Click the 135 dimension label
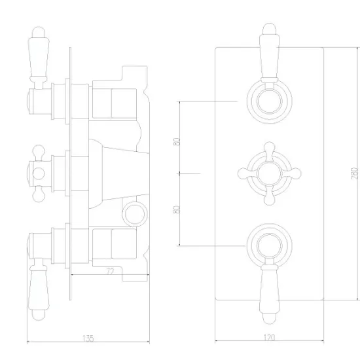(x=88, y=338)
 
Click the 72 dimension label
(x=111, y=272)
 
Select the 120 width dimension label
(x=269, y=338)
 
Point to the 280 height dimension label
(x=355, y=173)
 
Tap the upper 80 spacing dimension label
(x=177, y=141)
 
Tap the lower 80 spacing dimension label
(x=176, y=209)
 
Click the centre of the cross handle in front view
(x=269, y=173)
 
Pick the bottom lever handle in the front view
(x=269, y=295)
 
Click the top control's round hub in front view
(x=269, y=101)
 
